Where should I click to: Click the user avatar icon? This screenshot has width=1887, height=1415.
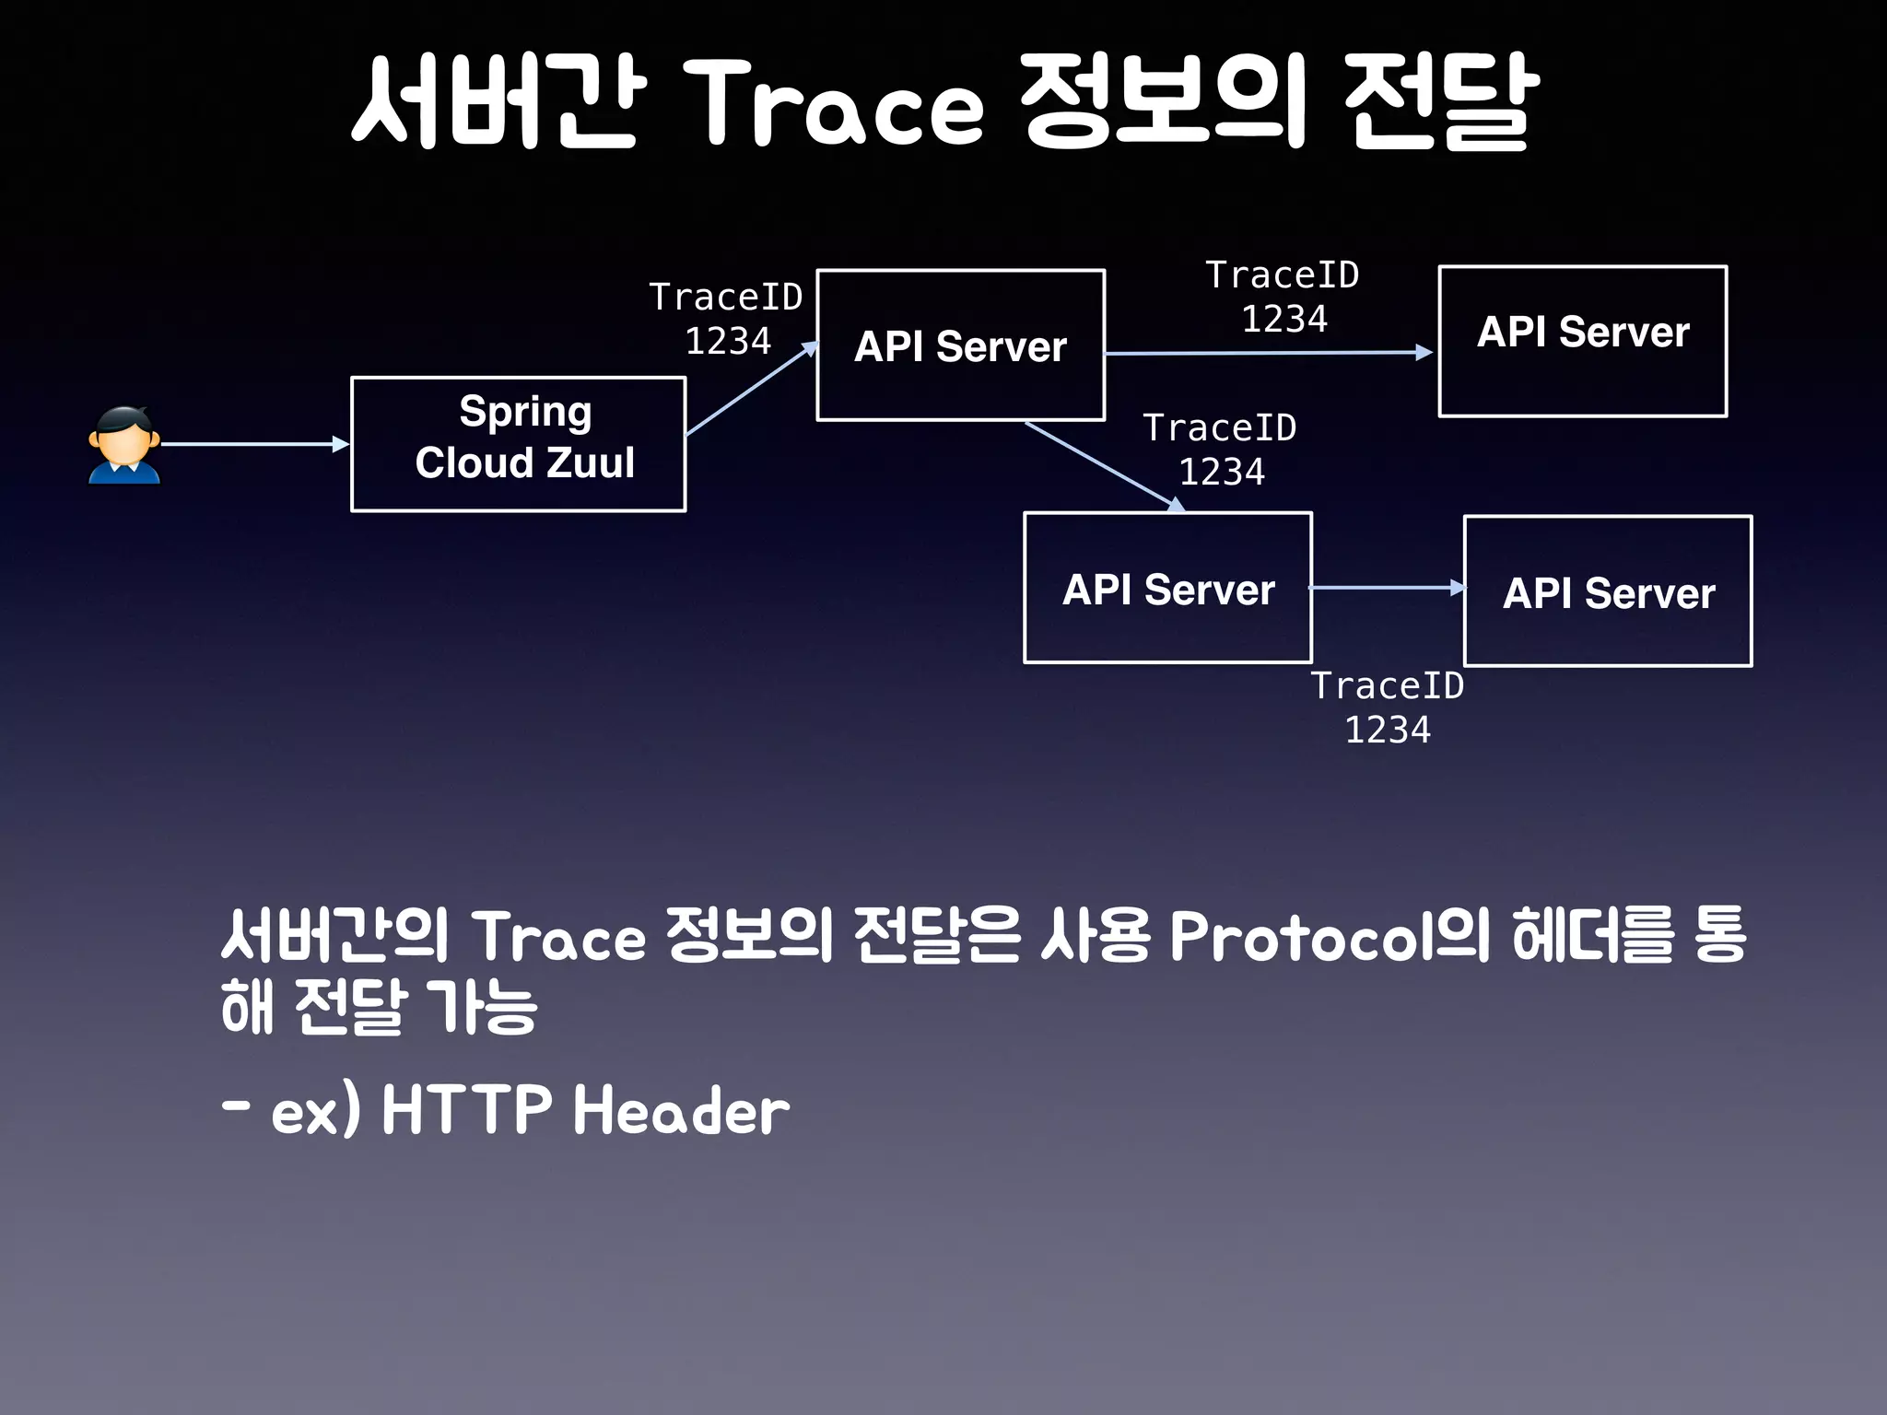point(124,445)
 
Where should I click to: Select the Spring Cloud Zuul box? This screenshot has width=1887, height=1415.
point(518,444)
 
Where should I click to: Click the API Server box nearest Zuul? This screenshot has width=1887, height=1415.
point(960,345)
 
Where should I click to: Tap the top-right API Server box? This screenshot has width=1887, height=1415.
point(1582,342)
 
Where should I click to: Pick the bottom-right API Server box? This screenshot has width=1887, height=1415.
point(1607,591)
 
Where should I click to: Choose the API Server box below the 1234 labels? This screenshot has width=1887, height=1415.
point(1167,588)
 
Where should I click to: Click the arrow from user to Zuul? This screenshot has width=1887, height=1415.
point(253,444)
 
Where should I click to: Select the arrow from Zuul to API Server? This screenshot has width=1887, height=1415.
point(751,389)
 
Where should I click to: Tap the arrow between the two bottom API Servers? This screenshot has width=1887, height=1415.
point(1387,587)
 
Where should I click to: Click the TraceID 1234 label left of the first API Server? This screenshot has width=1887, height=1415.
point(726,319)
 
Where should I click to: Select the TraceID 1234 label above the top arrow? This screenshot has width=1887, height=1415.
point(1283,297)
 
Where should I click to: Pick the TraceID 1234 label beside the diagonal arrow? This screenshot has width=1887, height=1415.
point(1220,450)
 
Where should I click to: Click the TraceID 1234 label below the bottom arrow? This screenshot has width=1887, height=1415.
point(1388,707)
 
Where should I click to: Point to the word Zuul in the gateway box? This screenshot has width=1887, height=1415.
point(590,462)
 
